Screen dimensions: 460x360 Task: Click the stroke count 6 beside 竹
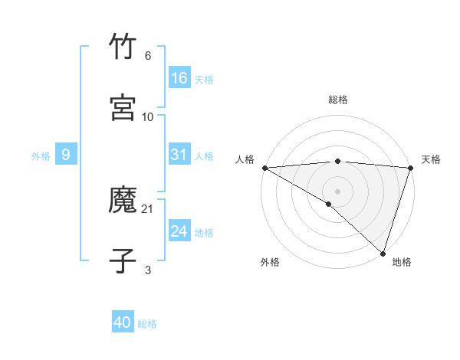[x=147, y=56]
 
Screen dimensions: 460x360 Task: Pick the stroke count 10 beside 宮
[x=148, y=116]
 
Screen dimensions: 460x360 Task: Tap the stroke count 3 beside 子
[x=148, y=270]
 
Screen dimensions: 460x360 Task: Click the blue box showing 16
[x=179, y=77]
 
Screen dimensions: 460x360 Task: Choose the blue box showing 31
[x=179, y=155]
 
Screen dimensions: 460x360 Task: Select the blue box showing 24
[x=179, y=231]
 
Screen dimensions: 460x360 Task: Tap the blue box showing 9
[x=66, y=155]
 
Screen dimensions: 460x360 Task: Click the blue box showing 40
[x=123, y=322]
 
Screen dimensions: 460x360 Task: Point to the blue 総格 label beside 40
[x=147, y=324]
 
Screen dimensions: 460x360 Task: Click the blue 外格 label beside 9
[x=41, y=156]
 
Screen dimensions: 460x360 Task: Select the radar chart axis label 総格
[x=337, y=100]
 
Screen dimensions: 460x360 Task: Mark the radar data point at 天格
[x=410, y=168]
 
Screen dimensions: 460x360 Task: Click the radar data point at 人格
[x=264, y=168]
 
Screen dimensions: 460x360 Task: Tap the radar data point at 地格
[x=383, y=254]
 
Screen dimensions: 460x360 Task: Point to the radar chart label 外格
[x=270, y=262]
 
